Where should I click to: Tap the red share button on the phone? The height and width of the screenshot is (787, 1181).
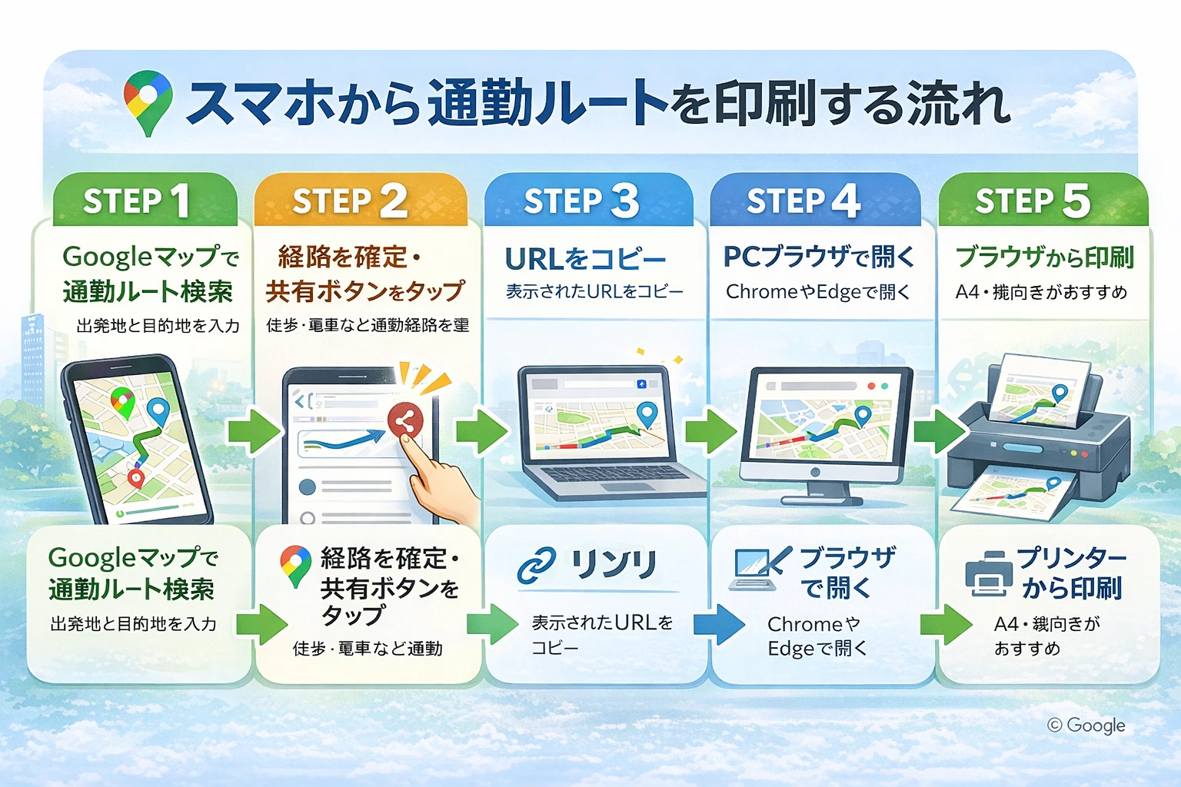405,420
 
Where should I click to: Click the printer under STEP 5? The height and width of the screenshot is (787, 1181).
1038,438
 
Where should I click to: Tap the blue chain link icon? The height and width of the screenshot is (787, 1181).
537,566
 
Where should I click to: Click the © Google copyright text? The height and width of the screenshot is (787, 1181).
1086,725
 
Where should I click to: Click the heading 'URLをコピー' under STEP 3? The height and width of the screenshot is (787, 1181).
585,260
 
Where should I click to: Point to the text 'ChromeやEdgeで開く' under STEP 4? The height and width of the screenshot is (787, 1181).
817,292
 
